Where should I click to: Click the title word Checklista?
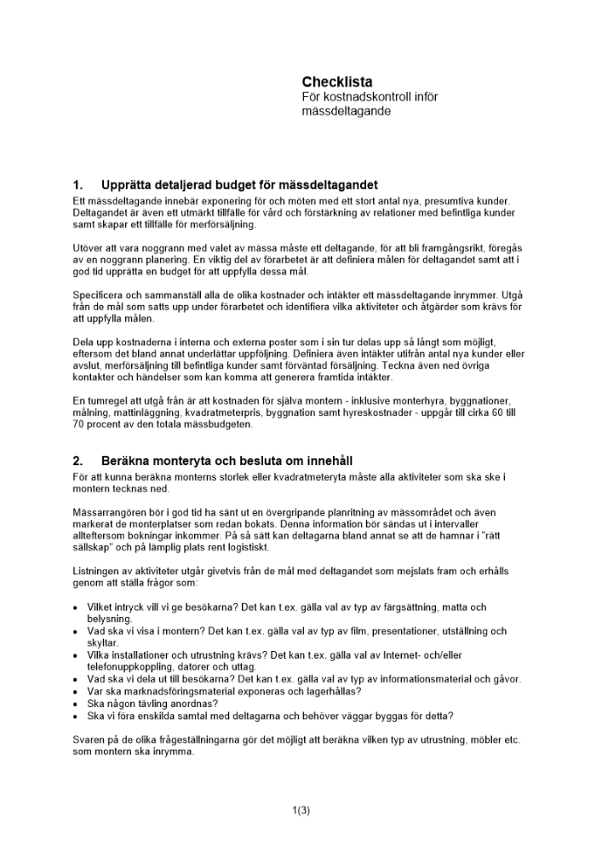[x=336, y=82]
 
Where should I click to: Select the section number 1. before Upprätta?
[x=78, y=185]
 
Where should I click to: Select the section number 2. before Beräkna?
[x=78, y=461]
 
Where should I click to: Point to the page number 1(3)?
[x=301, y=810]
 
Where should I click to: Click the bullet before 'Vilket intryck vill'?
[x=77, y=607]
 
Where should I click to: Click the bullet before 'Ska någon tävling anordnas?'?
[x=77, y=704]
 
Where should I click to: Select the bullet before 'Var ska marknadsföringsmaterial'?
[x=77, y=692]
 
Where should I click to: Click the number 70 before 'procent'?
[x=79, y=423]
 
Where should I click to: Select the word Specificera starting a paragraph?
[x=100, y=293]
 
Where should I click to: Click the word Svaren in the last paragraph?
[x=89, y=740]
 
